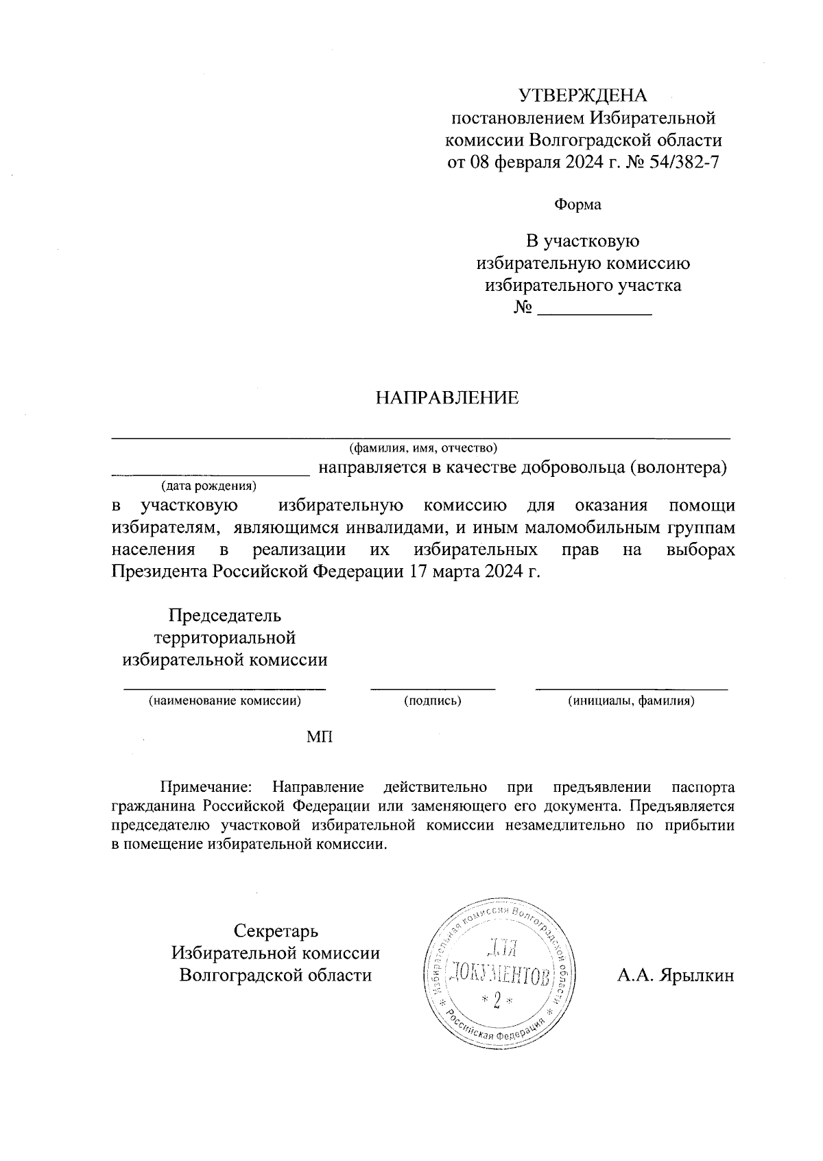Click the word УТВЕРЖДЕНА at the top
tap(582, 95)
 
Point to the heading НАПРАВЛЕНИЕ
tap(446, 398)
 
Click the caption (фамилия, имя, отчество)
tap(423, 449)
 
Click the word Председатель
tap(225, 615)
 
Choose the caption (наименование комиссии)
tap(225, 701)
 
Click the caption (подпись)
tap(432, 701)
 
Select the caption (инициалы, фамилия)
tap(631, 701)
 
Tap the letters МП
tap(320, 737)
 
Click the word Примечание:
tap(207, 787)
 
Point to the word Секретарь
tap(276, 932)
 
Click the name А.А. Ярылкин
tap(675, 976)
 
